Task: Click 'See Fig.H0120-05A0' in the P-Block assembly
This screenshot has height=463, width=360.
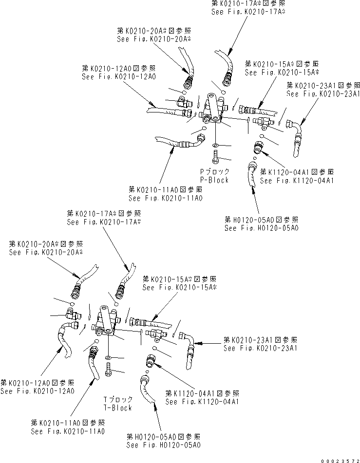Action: [262, 228]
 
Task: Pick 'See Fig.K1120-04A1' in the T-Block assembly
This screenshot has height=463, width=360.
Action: [202, 402]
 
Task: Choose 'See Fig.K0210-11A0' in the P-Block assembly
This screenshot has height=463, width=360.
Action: [166, 198]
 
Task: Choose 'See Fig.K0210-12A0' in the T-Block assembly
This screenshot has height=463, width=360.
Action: [37, 391]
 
